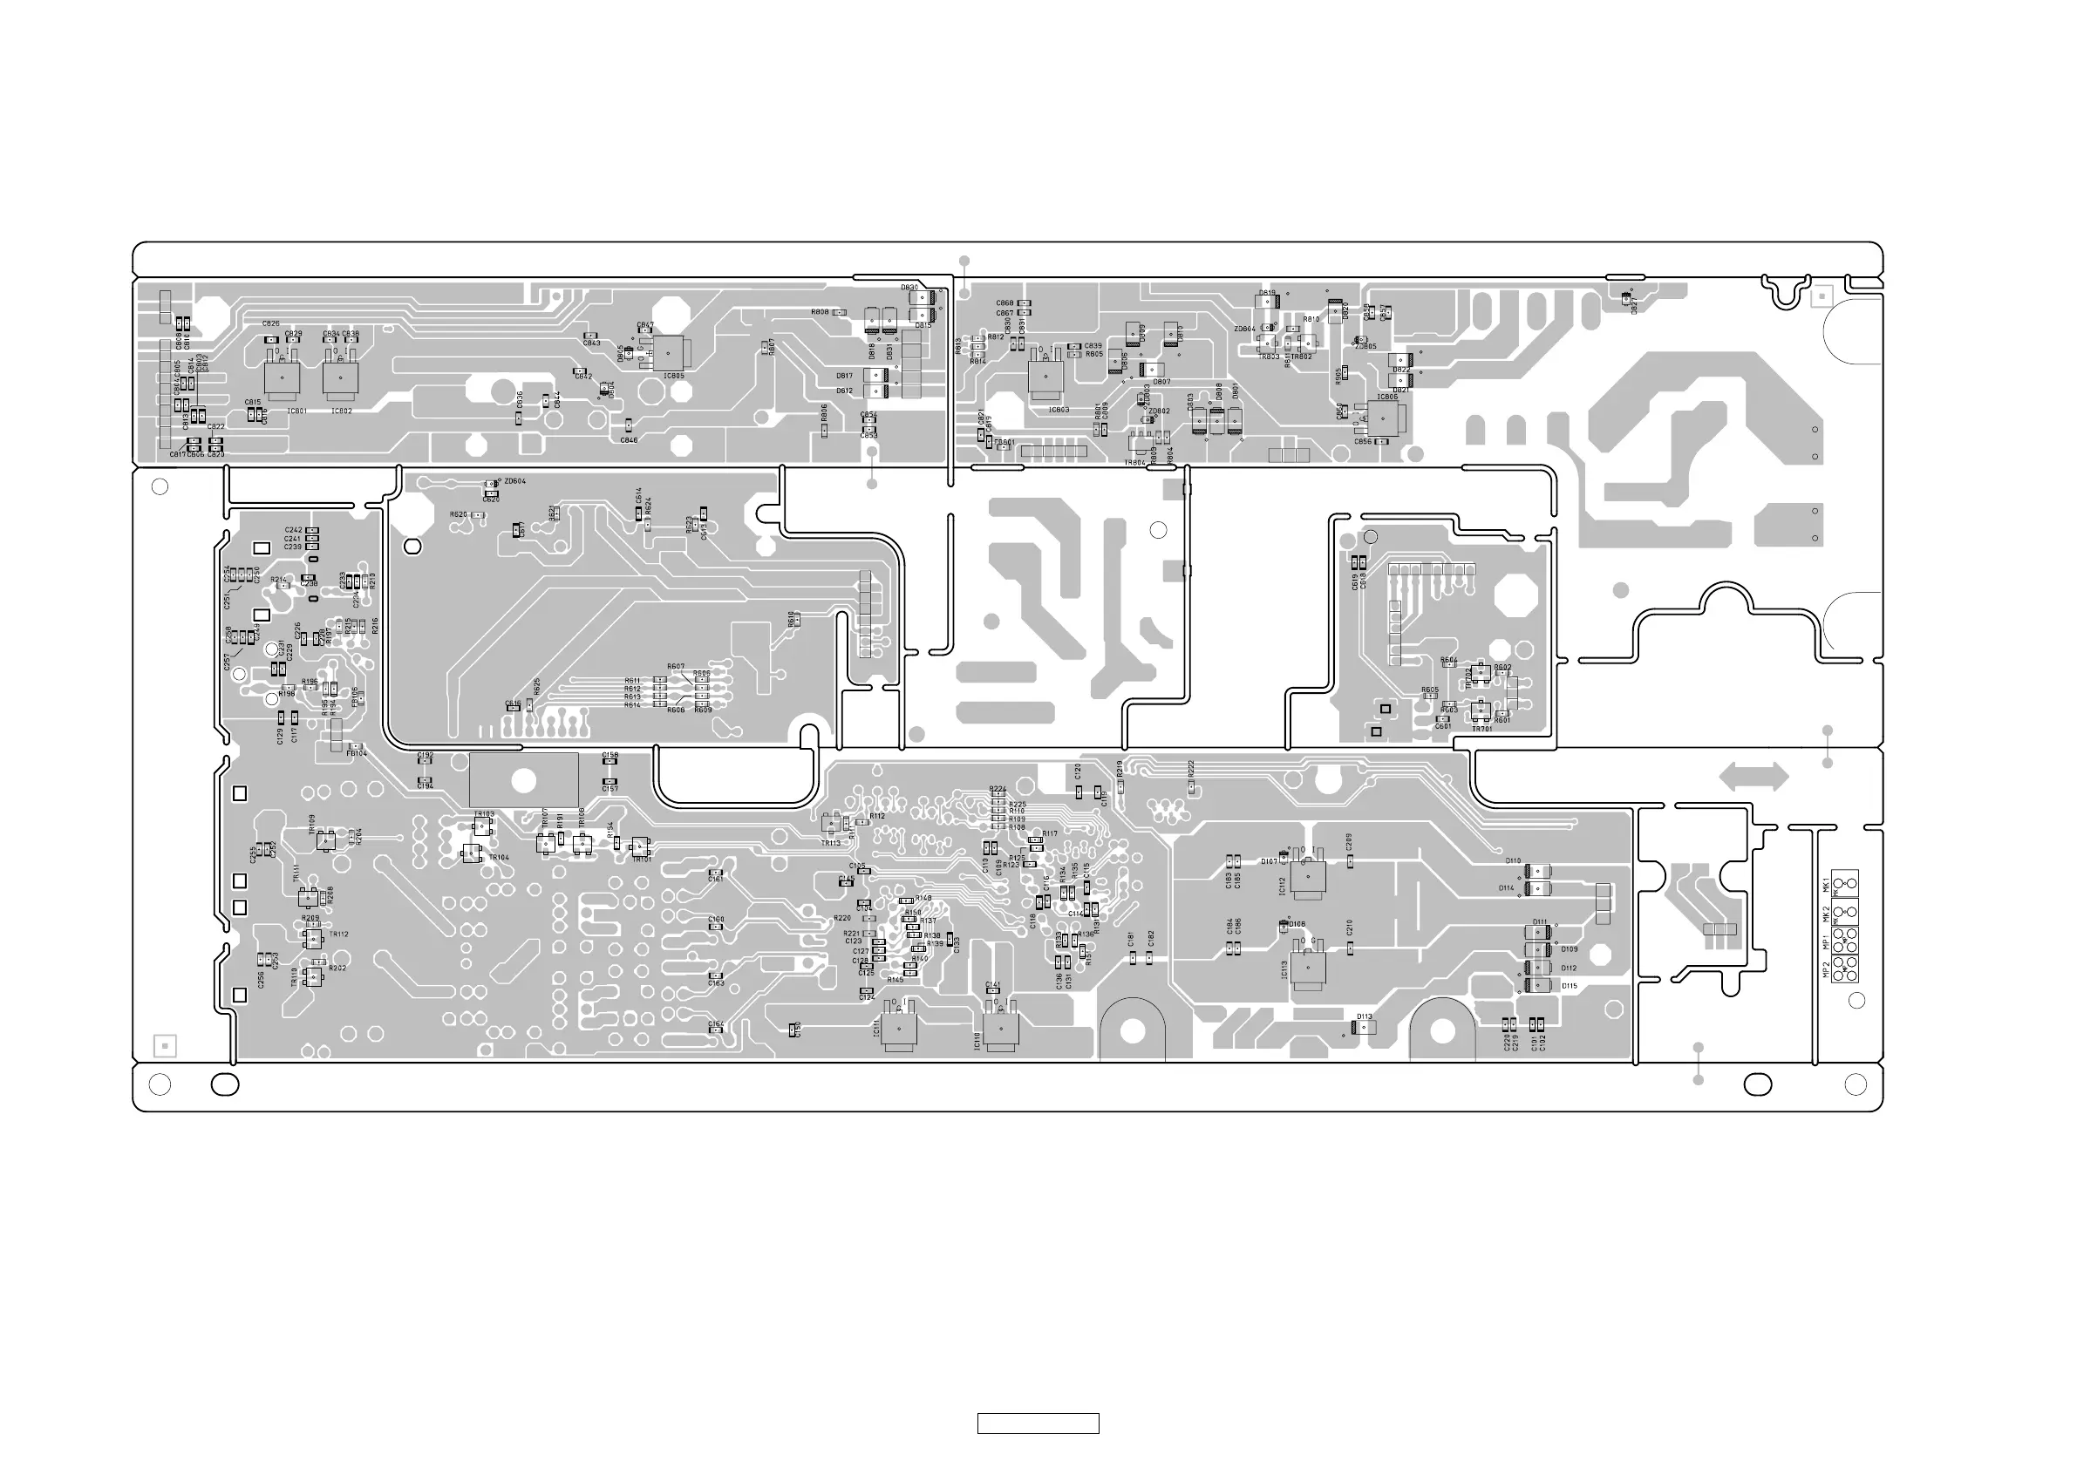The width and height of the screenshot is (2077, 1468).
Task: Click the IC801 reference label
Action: (x=296, y=411)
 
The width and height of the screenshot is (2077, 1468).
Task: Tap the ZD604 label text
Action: (x=514, y=482)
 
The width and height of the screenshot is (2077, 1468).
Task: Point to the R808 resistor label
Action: (x=820, y=312)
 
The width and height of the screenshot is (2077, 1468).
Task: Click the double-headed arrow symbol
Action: (x=1754, y=777)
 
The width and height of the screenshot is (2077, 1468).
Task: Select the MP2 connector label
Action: (x=1827, y=970)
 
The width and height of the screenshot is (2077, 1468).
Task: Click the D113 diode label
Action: (x=1364, y=1016)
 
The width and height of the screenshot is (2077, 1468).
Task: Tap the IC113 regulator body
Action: (x=1308, y=968)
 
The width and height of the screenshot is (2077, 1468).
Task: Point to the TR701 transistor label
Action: (x=1481, y=729)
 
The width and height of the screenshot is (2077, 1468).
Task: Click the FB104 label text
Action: (x=357, y=753)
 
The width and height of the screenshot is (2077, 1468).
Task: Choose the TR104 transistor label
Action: (x=499, y=858)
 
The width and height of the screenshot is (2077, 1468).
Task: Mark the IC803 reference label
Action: (x=1059, y=410)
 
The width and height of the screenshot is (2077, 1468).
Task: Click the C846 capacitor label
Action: (x=629, y=440)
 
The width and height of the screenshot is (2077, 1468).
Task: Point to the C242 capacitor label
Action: (x=293, y=530)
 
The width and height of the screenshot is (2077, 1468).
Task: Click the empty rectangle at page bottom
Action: (x=1038, y=1424)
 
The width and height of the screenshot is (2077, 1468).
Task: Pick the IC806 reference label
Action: (x=1386, y=397)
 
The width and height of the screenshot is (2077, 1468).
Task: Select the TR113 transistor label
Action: (x=830, y=843)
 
